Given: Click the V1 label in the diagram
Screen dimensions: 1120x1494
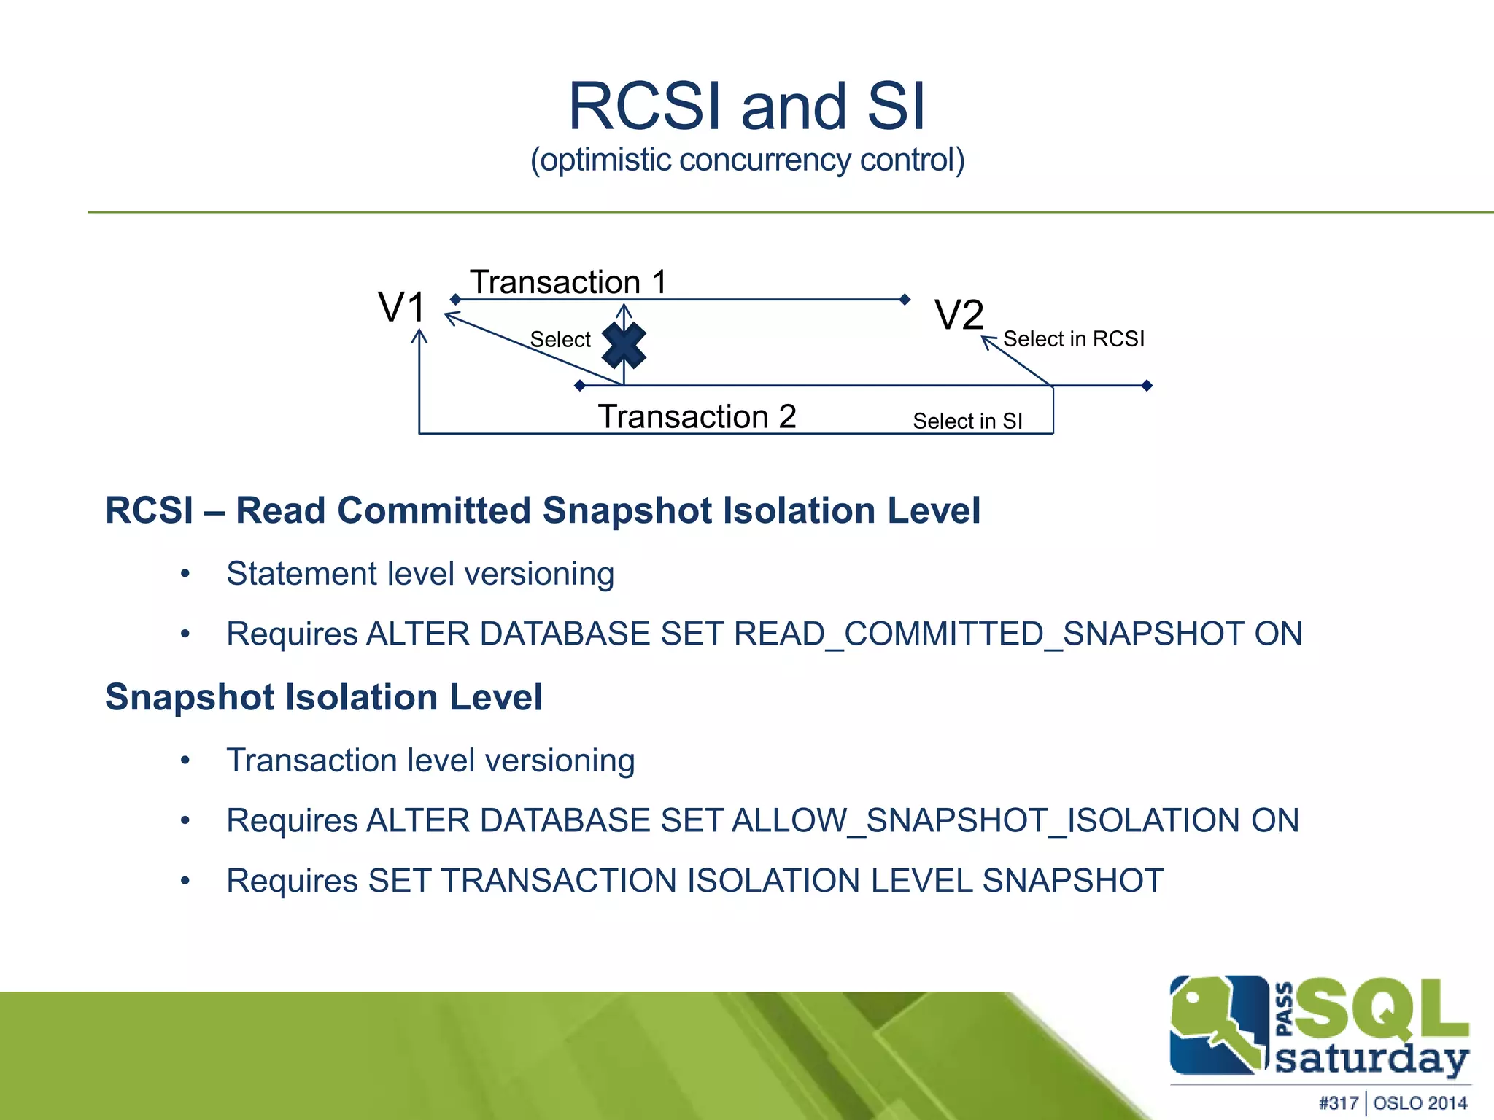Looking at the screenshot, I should (401, 307).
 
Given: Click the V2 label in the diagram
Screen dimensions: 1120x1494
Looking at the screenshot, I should (959, 316).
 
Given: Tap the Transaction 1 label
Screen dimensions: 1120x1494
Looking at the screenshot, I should (568, 282).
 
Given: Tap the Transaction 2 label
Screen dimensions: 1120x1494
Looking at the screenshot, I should (697, 417).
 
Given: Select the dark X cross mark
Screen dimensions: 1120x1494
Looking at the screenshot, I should (624, 346).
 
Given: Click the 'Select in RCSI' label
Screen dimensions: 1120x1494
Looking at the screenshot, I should (1073, 339).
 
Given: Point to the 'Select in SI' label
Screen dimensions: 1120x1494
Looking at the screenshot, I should (967, 421).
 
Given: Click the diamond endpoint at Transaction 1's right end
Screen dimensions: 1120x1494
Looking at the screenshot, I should (905, 299).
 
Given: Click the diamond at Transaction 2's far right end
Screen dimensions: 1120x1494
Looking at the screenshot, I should (1147, 385).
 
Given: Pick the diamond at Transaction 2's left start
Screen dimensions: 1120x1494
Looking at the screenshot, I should (580, 385).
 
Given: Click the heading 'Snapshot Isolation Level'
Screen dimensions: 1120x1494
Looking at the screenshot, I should (324, 697).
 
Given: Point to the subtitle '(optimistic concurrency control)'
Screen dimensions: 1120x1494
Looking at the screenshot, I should (747, 160).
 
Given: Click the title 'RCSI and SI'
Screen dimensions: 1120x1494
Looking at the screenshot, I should (747, 106).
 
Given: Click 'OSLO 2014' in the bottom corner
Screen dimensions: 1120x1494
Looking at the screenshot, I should (1420, 1102).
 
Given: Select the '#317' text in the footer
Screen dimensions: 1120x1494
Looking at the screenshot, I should (1339, 1102).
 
